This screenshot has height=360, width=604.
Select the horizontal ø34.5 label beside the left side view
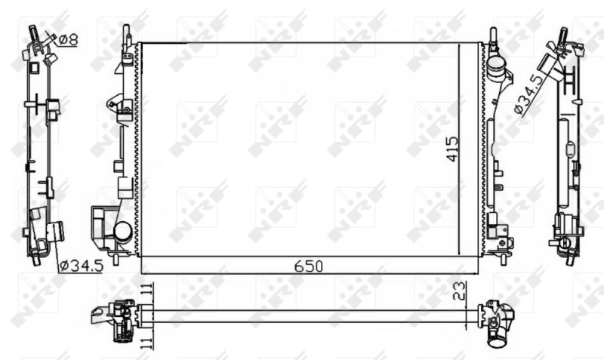(81, 265)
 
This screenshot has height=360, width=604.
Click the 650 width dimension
(308, 266)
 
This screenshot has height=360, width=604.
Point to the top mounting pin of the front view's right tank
(492, 35)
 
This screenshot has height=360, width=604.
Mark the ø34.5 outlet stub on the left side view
(54, 231)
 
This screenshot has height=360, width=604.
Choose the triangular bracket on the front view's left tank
(116, 103)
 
